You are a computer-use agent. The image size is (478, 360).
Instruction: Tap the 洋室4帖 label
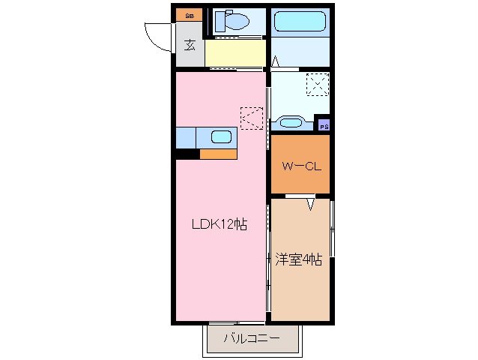tap(298, 259)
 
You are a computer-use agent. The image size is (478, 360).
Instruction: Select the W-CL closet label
tap(301, 166)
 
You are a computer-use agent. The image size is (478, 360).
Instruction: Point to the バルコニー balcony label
tap(252, 340)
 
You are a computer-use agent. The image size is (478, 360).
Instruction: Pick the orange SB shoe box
tap(190, 14)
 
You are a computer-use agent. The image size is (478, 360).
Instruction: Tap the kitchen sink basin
tap(221, 136)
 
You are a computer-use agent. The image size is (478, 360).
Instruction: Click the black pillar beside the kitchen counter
tap(187, 154)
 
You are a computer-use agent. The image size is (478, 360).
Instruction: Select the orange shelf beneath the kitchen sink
tap(218, 154)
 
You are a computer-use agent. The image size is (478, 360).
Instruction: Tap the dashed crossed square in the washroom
tap(317, 83)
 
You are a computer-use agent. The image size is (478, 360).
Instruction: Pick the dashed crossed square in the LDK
tap(251, 118)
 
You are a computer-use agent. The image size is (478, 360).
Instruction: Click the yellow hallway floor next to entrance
tap(235, 53)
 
